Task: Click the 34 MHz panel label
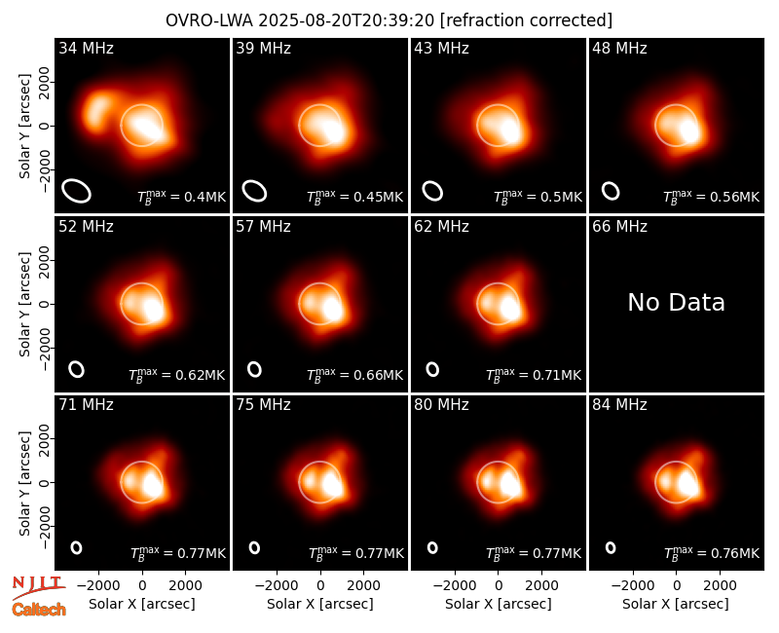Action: (86, 48)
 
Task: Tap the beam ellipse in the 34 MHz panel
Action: (77, 191)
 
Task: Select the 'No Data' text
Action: (676, 302)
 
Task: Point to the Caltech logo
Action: (39, 610)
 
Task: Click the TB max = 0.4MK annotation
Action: (182, 197)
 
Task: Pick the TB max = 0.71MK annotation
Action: (534, 375)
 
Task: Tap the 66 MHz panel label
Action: (619, 227)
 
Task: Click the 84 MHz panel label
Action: (619, 405)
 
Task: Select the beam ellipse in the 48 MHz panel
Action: (611, 191)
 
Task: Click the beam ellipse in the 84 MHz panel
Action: (611, 547)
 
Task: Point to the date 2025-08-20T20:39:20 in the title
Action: (347, 20)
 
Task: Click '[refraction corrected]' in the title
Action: (526, 20)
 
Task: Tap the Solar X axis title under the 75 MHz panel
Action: (320, 604)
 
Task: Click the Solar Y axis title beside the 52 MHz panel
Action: (24, 304)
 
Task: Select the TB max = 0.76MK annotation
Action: (712, 553)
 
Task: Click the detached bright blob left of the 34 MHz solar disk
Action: (98, 111)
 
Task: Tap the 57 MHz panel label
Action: (263, 227)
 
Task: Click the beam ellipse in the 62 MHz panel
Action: (432, 369)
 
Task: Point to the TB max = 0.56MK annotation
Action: (712, 197)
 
